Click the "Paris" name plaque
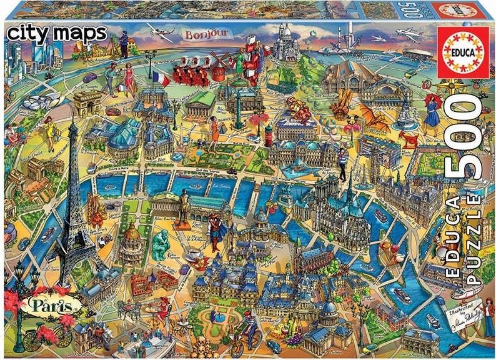click(x=44, y=306)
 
